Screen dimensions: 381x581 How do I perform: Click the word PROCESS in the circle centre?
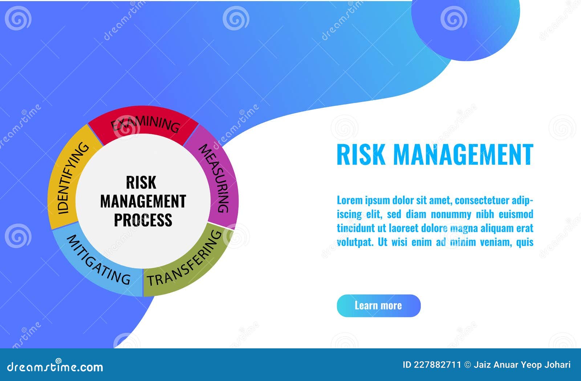coord(143,220)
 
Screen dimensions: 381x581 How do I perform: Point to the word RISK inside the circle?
coord(141,182)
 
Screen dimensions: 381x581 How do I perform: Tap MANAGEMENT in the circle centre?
coord(143,201)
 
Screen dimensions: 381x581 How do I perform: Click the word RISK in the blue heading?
coord(361,155)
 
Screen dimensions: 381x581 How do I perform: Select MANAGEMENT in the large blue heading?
coord(463,155)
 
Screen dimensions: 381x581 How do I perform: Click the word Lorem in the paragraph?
coord(349,200)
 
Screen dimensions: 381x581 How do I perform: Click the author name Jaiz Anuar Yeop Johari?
coord(522,365)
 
